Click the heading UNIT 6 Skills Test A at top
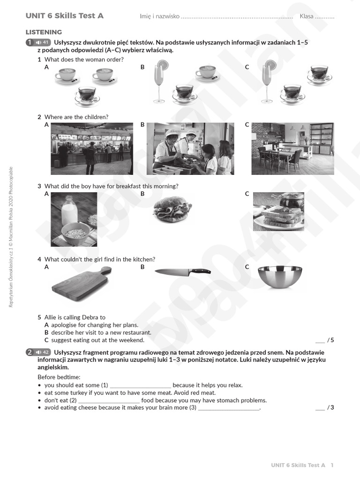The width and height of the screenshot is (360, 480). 65,16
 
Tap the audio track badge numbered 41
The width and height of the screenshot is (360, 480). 42,43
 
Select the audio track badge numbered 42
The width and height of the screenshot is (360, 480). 42,352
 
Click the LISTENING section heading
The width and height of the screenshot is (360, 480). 44,32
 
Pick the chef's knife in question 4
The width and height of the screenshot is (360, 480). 182,271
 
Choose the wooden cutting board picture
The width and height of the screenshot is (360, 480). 81,284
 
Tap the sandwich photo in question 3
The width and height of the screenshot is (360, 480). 172,209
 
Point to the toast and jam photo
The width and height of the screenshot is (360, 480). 278,211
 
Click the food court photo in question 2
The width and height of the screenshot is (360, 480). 91,149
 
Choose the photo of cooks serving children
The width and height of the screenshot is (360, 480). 190,149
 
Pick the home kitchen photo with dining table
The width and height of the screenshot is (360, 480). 292,149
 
